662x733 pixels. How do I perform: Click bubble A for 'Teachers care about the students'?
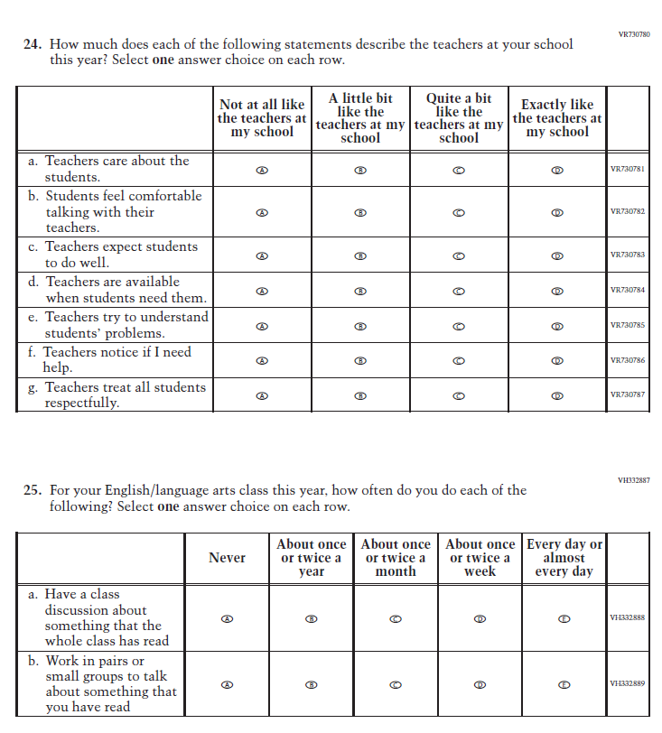pyautogui.click(x=262, y=169)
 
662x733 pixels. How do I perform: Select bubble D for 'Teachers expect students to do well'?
pyautogui.click(x=557, y=255)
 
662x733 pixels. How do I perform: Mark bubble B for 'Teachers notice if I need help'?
pyautogui.click(x=360, y=360)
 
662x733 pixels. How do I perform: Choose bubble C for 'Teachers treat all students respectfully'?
pyautogui.click(x=459, y=395)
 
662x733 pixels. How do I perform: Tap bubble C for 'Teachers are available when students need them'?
pyautogui.click(x=459, y=291)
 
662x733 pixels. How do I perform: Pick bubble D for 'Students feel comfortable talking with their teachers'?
pyautogui.click(x=557, y=212)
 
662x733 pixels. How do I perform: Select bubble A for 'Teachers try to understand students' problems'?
pyautogui.click(x=262, y=325)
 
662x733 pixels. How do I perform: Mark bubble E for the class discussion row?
pyautogui.click(x=564, y=618)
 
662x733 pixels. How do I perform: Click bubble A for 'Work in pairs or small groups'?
pyautogui.click(x=228, y=684)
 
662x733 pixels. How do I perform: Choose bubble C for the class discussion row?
pyautogui.click(x=396, y=618)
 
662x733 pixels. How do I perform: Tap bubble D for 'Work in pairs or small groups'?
pyautogui.click(x=480, y=684)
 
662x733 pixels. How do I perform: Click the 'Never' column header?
pyautogui.click(x=227, y=558)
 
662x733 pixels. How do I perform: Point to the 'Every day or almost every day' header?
pyautogui.click(x=564, y=558)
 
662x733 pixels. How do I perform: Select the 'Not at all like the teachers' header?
pyautogui.click(x=262, y=118)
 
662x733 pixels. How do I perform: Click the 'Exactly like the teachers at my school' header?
pyautogui.click(x=557, y=118)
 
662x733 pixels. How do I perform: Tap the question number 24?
pyautogui.click(x=32, y=44)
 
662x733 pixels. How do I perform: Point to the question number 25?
pyautogui.click(x=32, y=490)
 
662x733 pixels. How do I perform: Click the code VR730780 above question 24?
pyautogui.click(x=634, y=34)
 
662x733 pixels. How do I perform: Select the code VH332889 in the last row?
pyautogui.click(x=628, y=684)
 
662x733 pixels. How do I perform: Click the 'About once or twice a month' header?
pyautogui.click(x=396, y=558)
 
